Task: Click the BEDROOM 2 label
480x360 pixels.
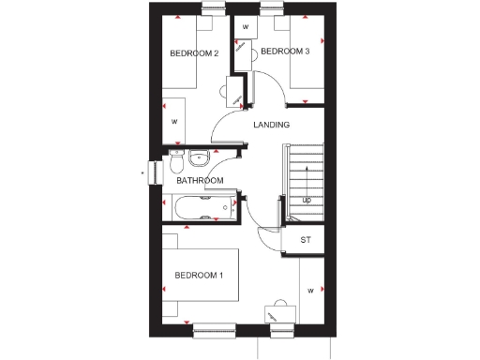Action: (194, 53)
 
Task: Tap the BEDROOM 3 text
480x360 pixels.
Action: (285, 52)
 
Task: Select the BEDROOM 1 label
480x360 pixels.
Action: (199, 275)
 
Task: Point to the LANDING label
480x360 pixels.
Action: (272, 125)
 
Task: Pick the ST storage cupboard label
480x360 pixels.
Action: (305, 240)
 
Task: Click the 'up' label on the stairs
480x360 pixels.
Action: (306, 200)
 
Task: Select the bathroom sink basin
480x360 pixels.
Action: (199, 157)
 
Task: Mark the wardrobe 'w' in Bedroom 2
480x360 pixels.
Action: (174, 122)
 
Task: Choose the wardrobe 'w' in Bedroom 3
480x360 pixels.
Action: (246, 27)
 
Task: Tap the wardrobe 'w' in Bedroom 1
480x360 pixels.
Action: (309, 292)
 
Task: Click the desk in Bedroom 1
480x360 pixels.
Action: (277, 314)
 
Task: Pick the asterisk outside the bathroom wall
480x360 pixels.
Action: (143, 172)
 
